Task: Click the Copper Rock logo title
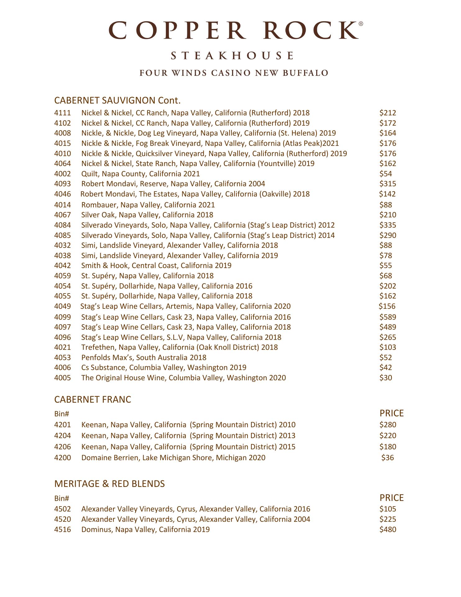click(x=235, y=30)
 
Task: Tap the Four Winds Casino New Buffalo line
click(x=234, y=73)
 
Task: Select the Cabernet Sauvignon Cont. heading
click(x=117, y=100)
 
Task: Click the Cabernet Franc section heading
click(x=93, y=400)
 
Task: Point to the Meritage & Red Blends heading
click(x=109, y=484)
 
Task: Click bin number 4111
click(x=62, y=113)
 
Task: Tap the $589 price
click(x=388, y=317)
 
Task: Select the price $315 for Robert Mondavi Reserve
click(x=388, y=184)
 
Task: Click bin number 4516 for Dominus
click(x=62, y=530)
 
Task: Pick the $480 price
click(x=388, y=530)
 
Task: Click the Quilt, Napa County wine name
click(x=140, y=174)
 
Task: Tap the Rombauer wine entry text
click(x=148, y=205)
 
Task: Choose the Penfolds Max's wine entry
click(x=144, y=358)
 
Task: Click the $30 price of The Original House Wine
click(x=386, y=378)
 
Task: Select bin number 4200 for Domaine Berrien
click(x=62, y=458)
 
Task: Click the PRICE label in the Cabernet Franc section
click(x=391, y=414)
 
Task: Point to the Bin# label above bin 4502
click(x=62, y=498)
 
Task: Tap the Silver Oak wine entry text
click(x=147, y=215)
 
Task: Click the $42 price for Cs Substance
click(x=386, y=368)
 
